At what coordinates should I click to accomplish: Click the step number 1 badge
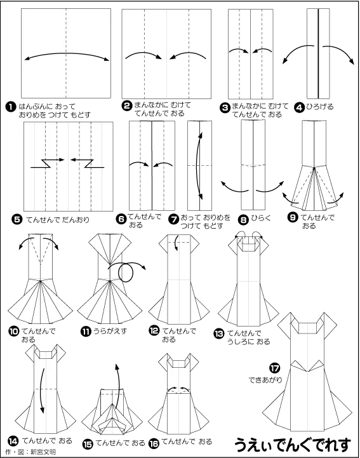pyautogui.click(x=11, y=107)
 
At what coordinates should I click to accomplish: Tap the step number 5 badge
pyautogui.click(x=17, y=219)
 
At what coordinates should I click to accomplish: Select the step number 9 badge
pyautogui.click(x=293, y=217)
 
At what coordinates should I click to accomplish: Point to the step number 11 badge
pyautogui.click(x=86, y=332)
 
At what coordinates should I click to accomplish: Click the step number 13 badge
pyautogui.click(x=219, y=333)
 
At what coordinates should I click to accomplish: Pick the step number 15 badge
pyautogui.click(x=87, y=444)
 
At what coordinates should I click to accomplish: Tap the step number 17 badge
pyautogui.click(x=274, y=368)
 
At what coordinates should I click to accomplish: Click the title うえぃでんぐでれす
pyautogui.click(x=293, y=445)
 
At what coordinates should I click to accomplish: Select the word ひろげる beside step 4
pyautogui.click(x=320, y=107)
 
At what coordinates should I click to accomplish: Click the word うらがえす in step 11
pyautogui.click(x=110, y=331)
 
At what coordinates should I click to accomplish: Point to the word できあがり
pyautogui.click(x=265, y=380)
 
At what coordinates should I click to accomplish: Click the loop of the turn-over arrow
pyautogui.click(x=126, y=273)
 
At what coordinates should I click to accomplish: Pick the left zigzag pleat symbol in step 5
pyautogui.click(x=47, y=163)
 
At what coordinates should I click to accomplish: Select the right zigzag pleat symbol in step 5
pyautogui.click(x=87, y=163)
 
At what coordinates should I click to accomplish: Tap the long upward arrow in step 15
pyautogui.click(x=119, y=386)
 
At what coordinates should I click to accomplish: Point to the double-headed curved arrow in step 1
pyautogui.click(x=67, y=53)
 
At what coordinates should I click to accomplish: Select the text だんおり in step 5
pyautogui.click(x=76, y=219)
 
